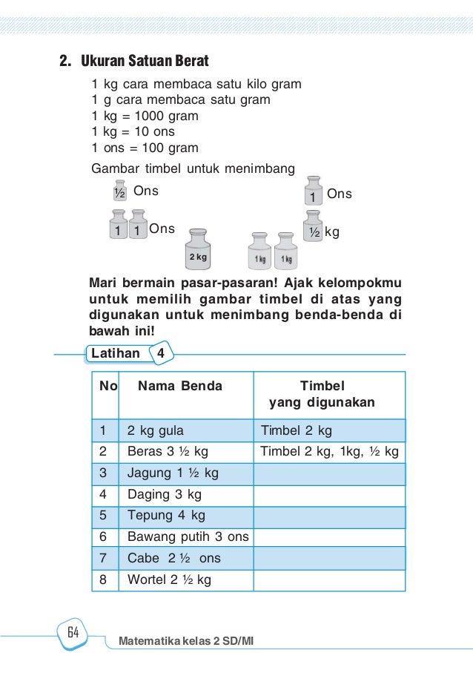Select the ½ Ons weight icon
pos(119,191)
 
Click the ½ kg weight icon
pos(314,229)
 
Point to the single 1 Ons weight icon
pos(314,191)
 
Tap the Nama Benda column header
pos(180,386)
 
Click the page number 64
pos(73,633)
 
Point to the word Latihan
pos(115,353)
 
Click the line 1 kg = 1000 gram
pos(145,116)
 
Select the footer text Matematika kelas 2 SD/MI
pos(186,639)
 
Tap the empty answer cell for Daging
pos(329,494)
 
